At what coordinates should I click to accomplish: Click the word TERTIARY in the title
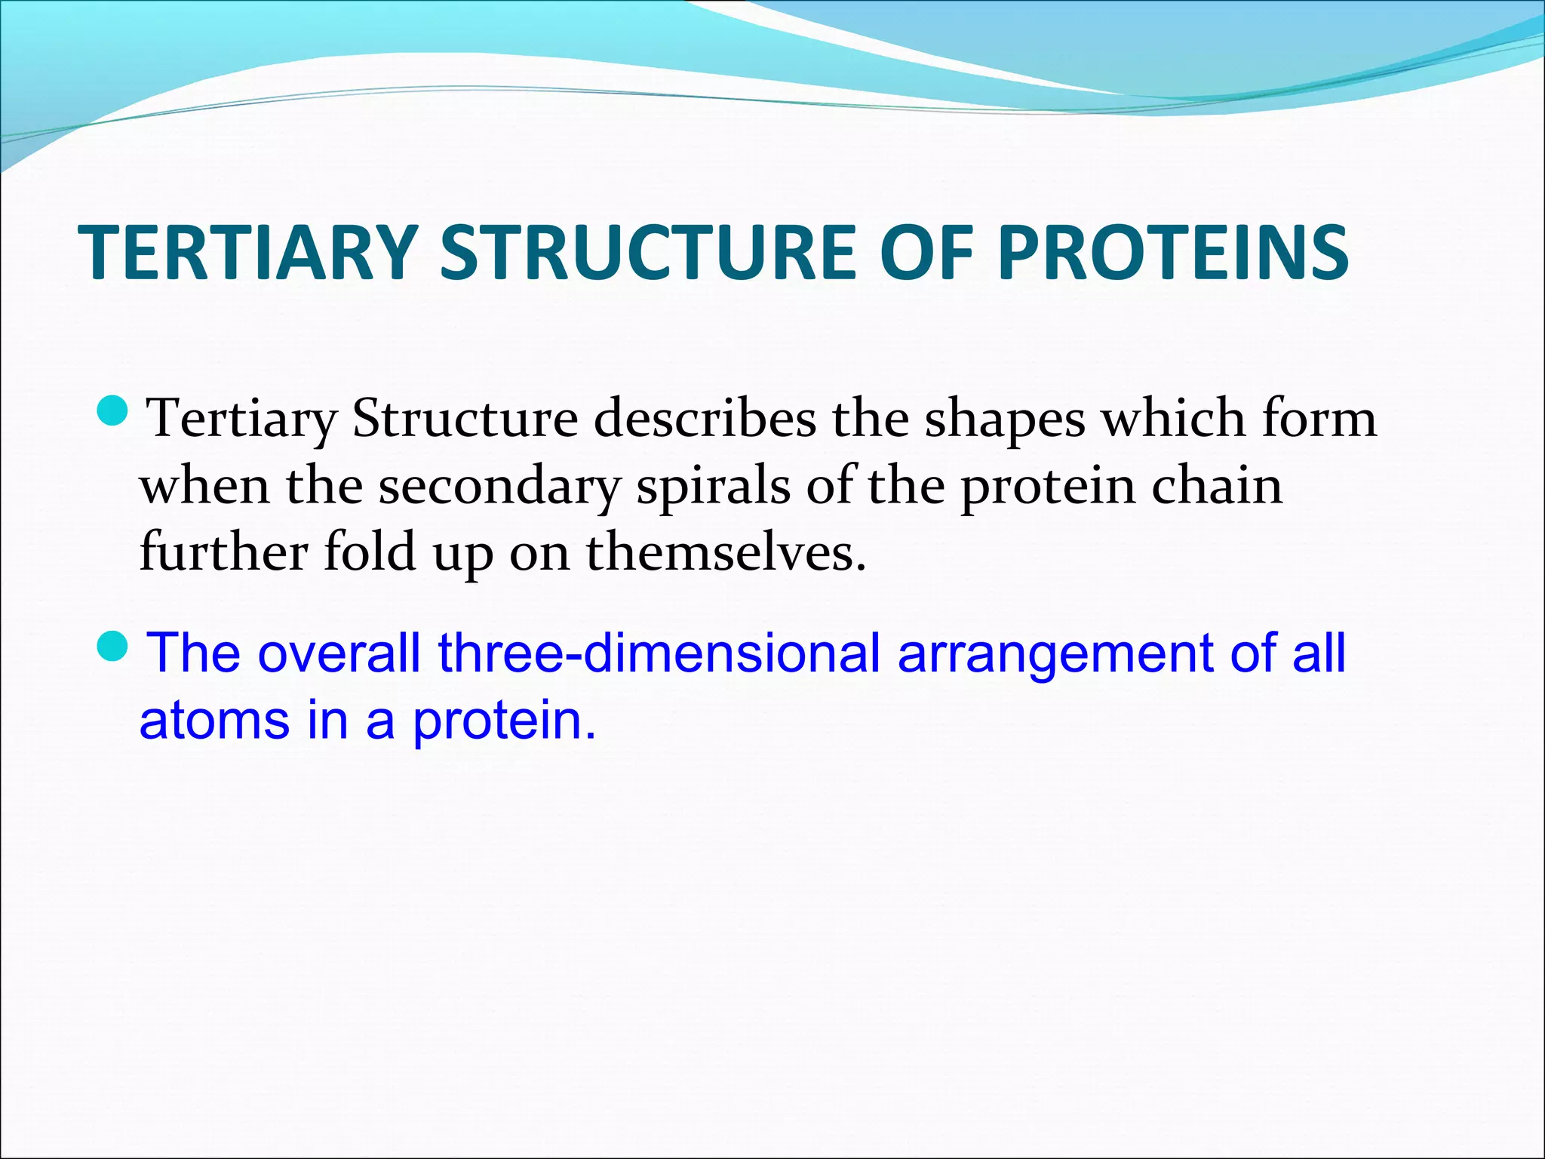pos(248,253)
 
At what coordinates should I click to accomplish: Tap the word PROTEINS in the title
pos(1173,253)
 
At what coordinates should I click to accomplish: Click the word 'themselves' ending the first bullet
pos(725,552)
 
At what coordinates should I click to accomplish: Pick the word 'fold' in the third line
pos(370,552)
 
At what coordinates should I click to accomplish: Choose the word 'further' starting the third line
pos(223,552)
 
